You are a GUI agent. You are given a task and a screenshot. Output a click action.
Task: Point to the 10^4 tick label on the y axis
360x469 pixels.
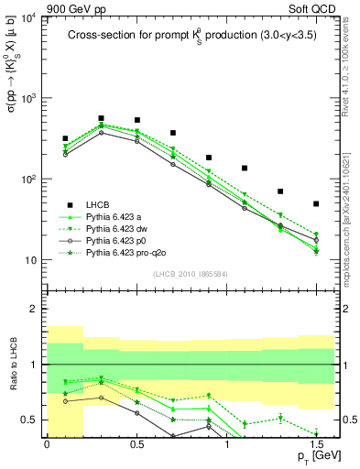(x=26, y=18)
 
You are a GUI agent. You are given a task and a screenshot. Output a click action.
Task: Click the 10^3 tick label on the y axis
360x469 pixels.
(x=26, y=99)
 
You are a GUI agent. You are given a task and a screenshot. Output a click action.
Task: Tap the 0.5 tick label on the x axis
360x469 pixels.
(x=136, y=444)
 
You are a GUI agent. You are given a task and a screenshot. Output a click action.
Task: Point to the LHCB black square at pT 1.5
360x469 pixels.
(x=316, y=203)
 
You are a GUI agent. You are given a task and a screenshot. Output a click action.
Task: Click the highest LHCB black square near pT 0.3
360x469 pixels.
(x=101, y=118)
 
